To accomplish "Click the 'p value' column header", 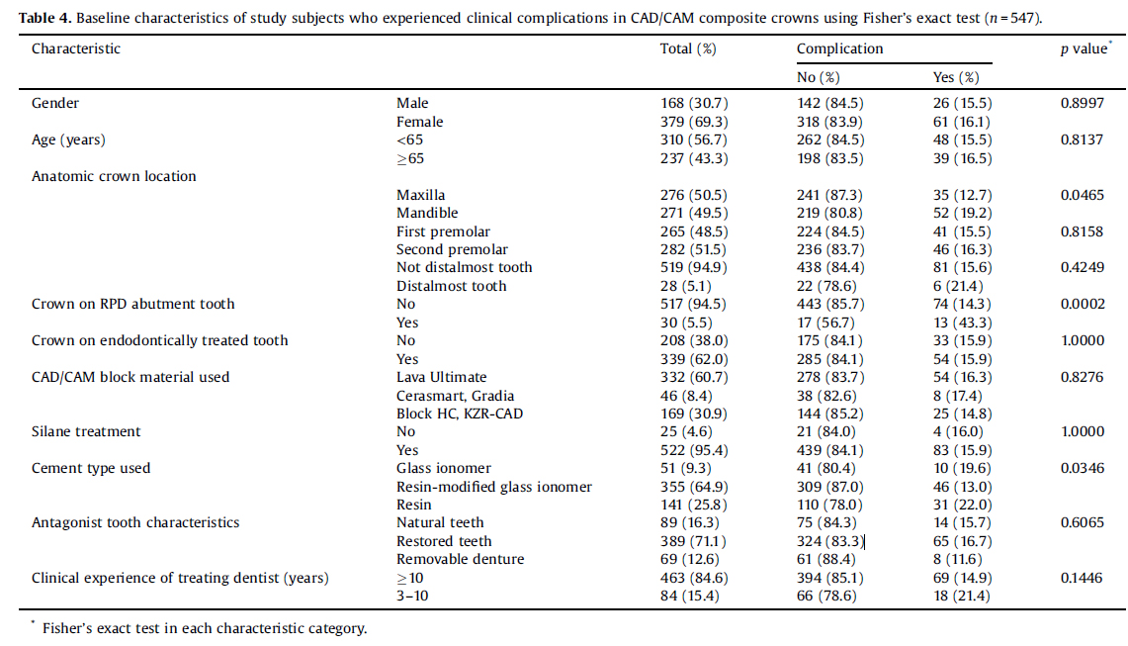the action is [x=1085, y=49].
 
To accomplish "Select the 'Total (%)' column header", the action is [x=688, y=49].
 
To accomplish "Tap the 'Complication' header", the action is [x=839, y=49].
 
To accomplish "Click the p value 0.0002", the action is [x=1083, y=304].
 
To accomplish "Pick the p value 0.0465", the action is [x=1082, y=195].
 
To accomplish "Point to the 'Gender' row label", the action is [x=55, y=103].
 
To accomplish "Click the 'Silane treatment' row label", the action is [x=86, y=431].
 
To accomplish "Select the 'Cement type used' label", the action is [x=91, y=468].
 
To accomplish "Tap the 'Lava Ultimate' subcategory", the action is [x=441, y=377].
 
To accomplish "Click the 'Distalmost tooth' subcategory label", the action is [x=451, y=286].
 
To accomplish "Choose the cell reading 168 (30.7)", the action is [x=693, y=103].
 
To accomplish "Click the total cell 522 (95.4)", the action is [x=693, y=450].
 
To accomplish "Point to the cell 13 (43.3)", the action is [x=962, y=323].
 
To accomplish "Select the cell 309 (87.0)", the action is [x=829, y=487].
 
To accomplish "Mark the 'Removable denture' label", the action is [x=461, y=559].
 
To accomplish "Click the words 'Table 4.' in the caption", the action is [x=45, y=18].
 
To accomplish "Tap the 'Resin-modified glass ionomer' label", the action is [x=494, y=487].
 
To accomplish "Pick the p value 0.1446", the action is [x=1082, y=578].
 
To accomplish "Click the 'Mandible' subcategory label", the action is [x=427, y=213].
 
